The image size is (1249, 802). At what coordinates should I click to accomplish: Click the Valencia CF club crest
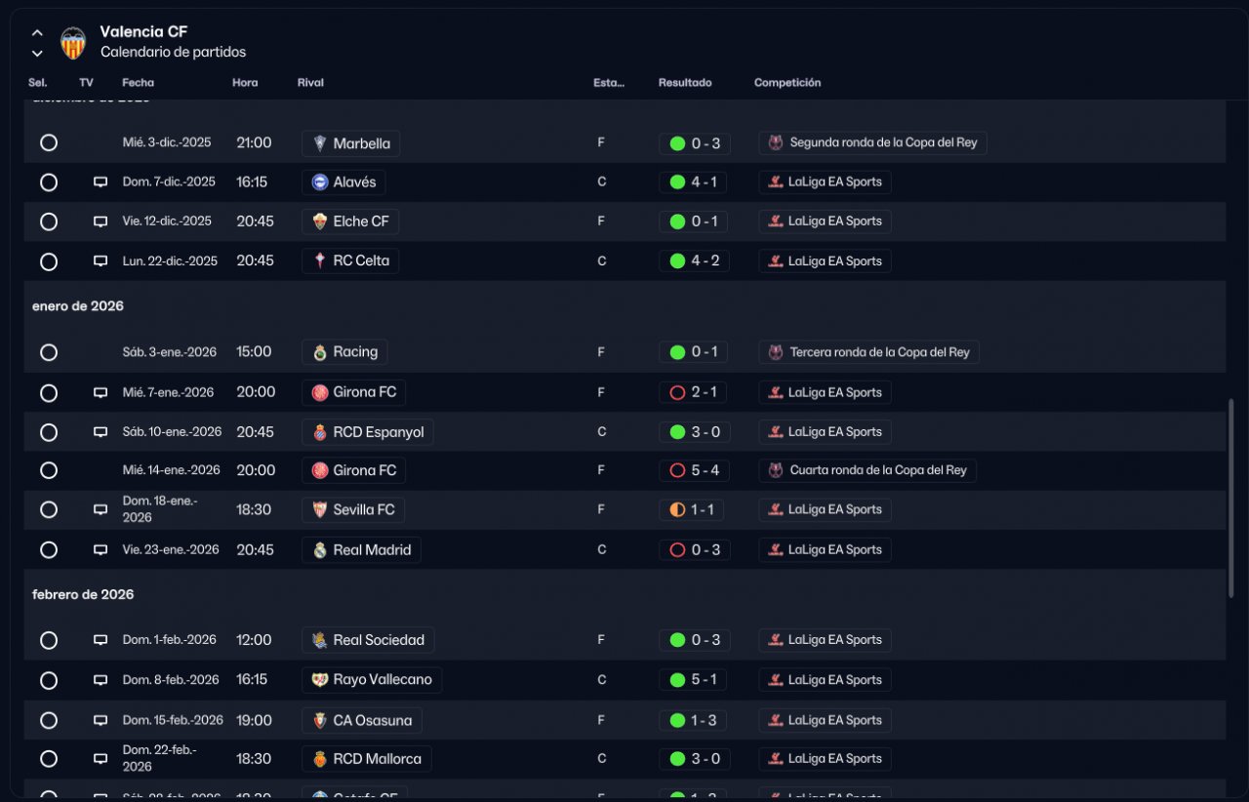pyautogui.click(x=73, y=42)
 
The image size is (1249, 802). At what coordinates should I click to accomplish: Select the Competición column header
pyautogui.click(x=787, y=83)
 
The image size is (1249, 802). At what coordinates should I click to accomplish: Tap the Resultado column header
pyautogui.click(x=685, y=83)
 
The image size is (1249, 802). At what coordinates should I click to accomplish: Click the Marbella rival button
pyautogui.click(x=350, y=143)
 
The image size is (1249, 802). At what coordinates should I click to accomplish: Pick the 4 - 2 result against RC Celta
pyautogui.click(x=694, y=261)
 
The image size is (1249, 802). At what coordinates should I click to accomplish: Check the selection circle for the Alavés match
pyautogui.click(x=49, y=182)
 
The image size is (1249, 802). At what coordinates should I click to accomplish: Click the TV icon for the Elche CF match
pyautogui.click(x=100, y=221)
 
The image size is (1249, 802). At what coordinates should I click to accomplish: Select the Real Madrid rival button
pyautogui.click(x=361, y=549)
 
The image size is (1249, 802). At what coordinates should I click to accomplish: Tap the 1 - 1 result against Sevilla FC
pyautogui.click(x=694, y=509)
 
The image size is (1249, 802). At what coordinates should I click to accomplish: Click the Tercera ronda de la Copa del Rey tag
pyautogui.click(x=868, y=352)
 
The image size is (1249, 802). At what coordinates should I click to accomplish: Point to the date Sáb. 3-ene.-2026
pyautogui.click(x=170, y=352)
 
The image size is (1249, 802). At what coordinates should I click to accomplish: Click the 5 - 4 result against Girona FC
pyautogui.click(x=694, y=470)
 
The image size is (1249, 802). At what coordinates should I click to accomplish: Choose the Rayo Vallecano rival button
pyautogui.click(x=372, y=680)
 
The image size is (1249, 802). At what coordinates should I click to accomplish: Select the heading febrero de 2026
pyautogui.click(x=83, y=594)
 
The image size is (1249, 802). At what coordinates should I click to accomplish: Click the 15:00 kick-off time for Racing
pyautogui.click(x=254, y=352)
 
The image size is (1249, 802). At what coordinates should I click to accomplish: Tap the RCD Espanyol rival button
pyautogui.click(x=368, y=431)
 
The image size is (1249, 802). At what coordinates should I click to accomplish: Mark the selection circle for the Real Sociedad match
pyautogui.click(x=49, y=640)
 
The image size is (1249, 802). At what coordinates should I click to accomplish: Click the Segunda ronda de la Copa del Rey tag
pyautogui.click(x=872, y=143)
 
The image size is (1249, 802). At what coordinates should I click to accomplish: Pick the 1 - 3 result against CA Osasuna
pyautogui.click(x=694, y=720)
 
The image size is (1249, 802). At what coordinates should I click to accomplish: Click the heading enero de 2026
pyautogui.click(x=78, y=305)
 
